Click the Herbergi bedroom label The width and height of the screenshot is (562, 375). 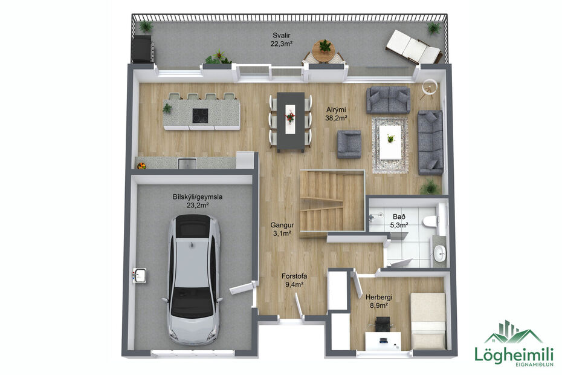(x=377, y=301)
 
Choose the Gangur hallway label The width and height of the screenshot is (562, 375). (x=282, y=229)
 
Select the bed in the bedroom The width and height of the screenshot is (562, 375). (x=428, y=320)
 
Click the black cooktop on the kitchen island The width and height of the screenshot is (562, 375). (x=201, y=114)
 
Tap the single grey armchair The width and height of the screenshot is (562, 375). (x=349, y=145)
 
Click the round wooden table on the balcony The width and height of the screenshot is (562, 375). (x=324, y=50)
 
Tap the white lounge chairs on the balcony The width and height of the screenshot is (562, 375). (x=413, y=47)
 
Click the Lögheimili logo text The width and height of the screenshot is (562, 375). (x=514, y=355)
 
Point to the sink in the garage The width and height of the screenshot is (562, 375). (x=140, y=276)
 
